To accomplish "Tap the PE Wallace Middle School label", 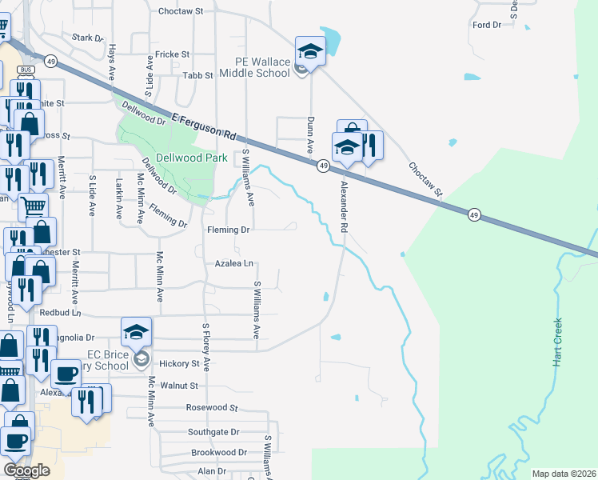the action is [x=261, y=67].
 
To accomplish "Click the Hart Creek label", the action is [x=558, y=342].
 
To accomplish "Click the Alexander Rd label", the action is [x=345, y=206].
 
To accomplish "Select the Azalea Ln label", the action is [x=233, y=263].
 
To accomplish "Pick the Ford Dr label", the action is [x=486, y=25].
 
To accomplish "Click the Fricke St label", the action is [x=172, y=54].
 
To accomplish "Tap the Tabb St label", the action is [x=197, y=75].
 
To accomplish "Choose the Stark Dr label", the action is [x=88, y=38].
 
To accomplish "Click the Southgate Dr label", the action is [x=213, y=432].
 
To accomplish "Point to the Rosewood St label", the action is [x=212, y=407].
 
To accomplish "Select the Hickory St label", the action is [x=179, y=364].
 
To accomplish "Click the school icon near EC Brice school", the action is [x=137, y=332].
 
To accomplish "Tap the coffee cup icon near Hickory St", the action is [x=66, y=374].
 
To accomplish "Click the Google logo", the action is [x=26, y=470].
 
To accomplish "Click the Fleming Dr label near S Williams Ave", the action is [x=229, y=230].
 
